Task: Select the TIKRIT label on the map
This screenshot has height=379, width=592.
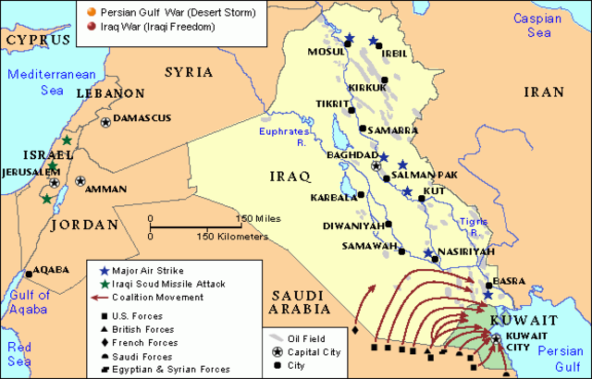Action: [330, 105]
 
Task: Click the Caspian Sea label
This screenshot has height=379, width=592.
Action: [545, 25]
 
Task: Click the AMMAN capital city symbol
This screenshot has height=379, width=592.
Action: [80, 181]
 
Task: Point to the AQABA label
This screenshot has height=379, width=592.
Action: [51, 270]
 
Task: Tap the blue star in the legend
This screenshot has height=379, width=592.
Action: [103, 270]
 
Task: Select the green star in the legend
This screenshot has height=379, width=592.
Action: [103, 284]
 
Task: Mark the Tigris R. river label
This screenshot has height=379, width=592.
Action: [475, 222]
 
